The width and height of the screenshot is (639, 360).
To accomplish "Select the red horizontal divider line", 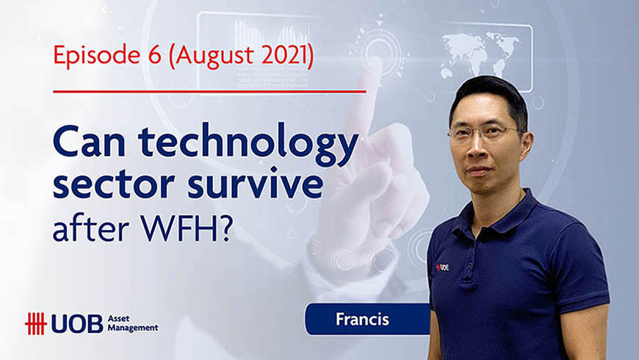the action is click(x=209, y=91).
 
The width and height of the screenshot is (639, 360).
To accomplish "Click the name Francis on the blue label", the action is click(x=362, y=320).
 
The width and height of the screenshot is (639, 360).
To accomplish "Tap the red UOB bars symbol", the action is click(x=36, y=324).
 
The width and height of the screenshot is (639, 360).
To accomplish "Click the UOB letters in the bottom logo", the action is click(x=77, y=325).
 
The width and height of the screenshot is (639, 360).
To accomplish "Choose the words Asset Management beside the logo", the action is click(x=132, y=323).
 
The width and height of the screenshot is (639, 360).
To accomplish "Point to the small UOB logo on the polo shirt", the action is click(x=442, y=267).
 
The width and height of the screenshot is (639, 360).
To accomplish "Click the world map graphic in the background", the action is click(x=481, y=55).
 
